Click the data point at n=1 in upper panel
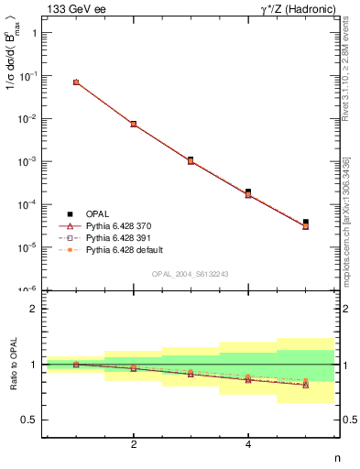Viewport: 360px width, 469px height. tap(76, 82)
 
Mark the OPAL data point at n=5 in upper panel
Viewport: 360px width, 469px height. tap(306, 222)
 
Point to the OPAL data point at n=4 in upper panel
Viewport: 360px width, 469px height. tap(248, 191)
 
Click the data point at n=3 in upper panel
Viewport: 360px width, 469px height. tap(191, 159)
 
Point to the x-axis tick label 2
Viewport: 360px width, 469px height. tap(134, 444)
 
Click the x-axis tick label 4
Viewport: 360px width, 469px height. tap(248, 444)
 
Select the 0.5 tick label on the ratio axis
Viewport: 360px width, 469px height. tap(28, 420)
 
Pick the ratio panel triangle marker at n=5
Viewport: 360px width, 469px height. tap(306, 385)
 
